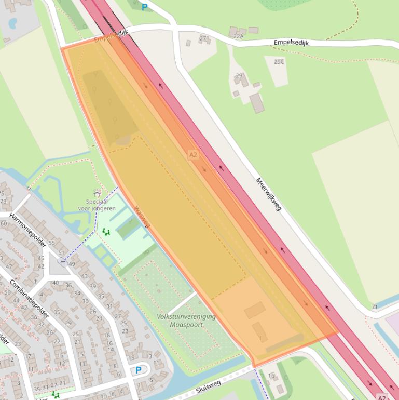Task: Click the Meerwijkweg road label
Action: click(x=268, y=194)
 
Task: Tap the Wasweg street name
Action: click(x=142, y=217)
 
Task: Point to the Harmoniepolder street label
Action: click(x=28, y=230)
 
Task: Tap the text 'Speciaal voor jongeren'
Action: click(x=97, y=205)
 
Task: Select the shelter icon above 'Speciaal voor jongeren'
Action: click(x=97, y=194)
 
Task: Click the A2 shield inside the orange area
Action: click(x=193, y=155)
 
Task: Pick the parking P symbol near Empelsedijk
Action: click(x=144, y=7)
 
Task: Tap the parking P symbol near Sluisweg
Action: click(x=138, y=370)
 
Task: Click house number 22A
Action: click(x=238, y=36)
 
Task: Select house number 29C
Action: click(x=279, y=62)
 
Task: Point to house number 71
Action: click(x=374, y=308)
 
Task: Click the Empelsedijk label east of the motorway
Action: click(x=291, y=43)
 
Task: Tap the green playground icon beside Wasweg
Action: click(x=106, y=232)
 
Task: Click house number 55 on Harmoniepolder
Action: click(x=52, y=243)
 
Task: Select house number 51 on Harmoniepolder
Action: click(x=62, y=253)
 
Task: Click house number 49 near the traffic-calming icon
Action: click(x=72, y=264)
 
